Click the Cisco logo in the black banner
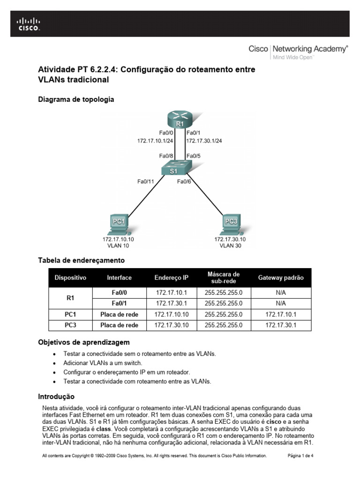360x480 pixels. pos(29,23)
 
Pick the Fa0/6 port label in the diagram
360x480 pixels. pos(184,181)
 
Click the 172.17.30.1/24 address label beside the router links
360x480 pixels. pos(204,140)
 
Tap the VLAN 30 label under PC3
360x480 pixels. pos(230,245)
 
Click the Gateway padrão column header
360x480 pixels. pos(281,277)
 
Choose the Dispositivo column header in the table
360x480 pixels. pos(70,277)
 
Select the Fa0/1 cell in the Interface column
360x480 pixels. pos(119,303)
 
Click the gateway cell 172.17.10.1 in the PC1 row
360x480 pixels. pos(281,314)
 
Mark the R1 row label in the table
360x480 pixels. pos(70,297)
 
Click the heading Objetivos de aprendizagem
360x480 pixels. pos(83,343)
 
